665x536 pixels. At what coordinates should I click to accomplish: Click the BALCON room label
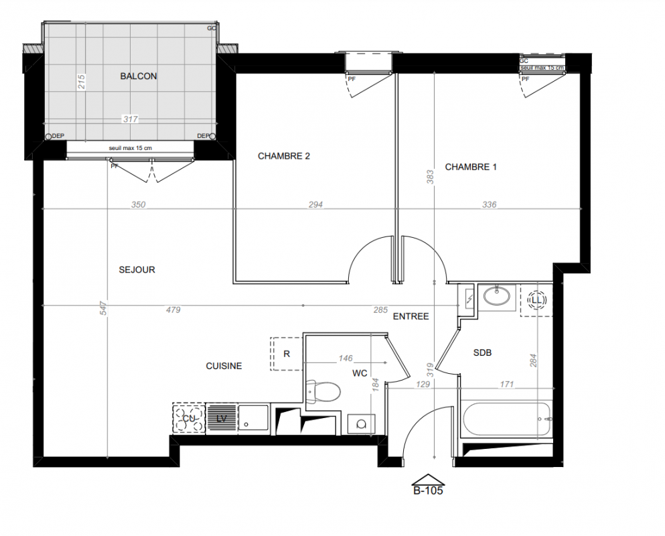coord(138,76)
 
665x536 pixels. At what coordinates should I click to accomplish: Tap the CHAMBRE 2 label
coord(284,156)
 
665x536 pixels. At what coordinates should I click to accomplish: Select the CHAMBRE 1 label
coord(471,167)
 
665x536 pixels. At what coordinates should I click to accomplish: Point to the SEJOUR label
coord(137,270)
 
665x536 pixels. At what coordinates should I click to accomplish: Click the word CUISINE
coord(224,366)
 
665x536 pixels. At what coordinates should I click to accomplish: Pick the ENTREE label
coord(411,316)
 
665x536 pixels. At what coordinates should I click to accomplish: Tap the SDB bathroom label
coord(483,352)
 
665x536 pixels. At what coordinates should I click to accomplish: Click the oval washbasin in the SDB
coord(497,296)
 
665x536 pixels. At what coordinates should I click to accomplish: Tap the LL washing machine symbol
coord(537,300)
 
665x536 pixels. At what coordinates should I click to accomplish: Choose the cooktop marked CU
coord(188,419)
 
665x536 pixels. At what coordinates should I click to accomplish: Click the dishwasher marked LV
coord(221,419)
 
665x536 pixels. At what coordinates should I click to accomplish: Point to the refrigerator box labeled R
coord(287,354)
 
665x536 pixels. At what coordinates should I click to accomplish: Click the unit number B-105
coord(429,490)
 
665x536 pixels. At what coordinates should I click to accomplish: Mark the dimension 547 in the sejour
coord(104,308)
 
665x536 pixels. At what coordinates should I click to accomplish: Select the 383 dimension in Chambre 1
coord(430,177)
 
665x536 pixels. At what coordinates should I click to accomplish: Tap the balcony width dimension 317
coord(131,119)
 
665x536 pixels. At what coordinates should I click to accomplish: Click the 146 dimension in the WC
coord(346,358)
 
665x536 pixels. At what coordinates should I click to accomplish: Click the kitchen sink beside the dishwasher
coord(253,419)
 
